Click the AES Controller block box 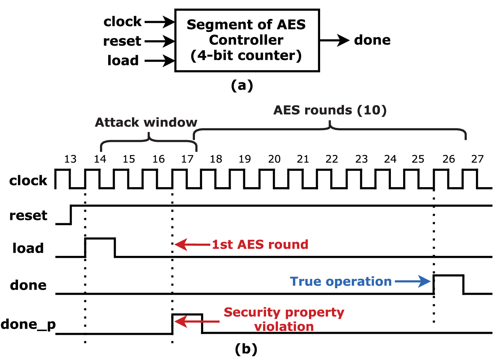(247, 40)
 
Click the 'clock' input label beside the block (122, 21)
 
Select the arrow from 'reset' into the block (159, 42)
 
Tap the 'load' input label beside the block (123, 61)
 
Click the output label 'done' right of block (372, 40)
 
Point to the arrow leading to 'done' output (334, 40)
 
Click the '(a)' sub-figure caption (242, 85)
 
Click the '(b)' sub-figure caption (246, 349)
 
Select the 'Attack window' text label (146, 122)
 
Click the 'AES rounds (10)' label (330, 110)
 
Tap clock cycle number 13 (70, 159)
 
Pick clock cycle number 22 (332, 159)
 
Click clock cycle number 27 (477, 159)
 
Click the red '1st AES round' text (260, 244)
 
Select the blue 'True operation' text (341, 281)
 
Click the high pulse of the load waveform (100, 239)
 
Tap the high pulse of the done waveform (448, 276)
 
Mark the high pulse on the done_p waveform (187, 315)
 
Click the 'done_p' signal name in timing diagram (28, 324)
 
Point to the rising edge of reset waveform (71, 215)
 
